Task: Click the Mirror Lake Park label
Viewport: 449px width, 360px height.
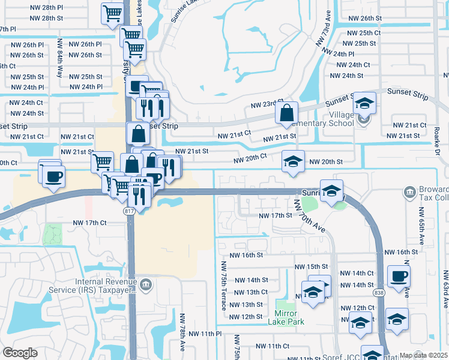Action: click(289, 317)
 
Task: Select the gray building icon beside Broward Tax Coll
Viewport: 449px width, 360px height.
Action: click(410, 192)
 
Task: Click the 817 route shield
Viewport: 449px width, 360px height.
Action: click(130, 211)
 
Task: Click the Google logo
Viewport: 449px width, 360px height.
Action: click(20, 353)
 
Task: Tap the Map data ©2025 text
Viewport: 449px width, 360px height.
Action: click(423, 355)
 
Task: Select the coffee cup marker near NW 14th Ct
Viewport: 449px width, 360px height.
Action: click(399, 277)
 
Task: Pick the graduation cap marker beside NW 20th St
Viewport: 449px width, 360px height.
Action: click(292, 161)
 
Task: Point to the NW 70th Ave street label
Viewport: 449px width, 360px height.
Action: click(310, 220)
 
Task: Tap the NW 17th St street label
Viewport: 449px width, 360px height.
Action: click(274, 215)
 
